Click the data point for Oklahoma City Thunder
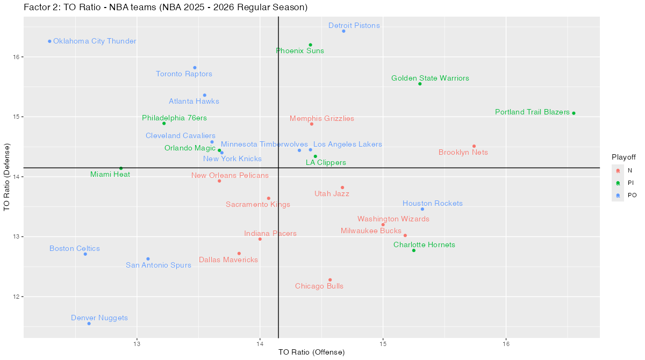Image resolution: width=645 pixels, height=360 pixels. [49, 41]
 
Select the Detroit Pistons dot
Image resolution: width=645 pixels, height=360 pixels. [343, 31]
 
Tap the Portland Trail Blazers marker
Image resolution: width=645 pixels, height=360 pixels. [574, 113]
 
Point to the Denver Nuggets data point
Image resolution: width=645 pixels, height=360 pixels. [89, 323]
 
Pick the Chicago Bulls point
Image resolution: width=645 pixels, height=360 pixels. [330, 280]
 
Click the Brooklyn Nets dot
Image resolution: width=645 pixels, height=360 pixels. [474, 146]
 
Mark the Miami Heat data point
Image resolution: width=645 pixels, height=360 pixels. [121, 168]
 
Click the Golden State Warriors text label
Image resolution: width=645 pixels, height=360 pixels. [430, 78]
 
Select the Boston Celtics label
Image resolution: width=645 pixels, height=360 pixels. [75, 249]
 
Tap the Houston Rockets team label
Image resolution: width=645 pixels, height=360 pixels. [433, 204]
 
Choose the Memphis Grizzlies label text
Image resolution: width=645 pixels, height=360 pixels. [322, 118]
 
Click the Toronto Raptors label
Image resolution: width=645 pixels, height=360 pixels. [184, 74]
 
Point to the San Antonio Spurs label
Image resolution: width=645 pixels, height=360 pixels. [159, 265]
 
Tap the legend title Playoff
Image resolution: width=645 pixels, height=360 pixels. [623, 157]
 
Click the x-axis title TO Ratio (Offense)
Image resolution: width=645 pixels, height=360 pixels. [311, 352]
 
